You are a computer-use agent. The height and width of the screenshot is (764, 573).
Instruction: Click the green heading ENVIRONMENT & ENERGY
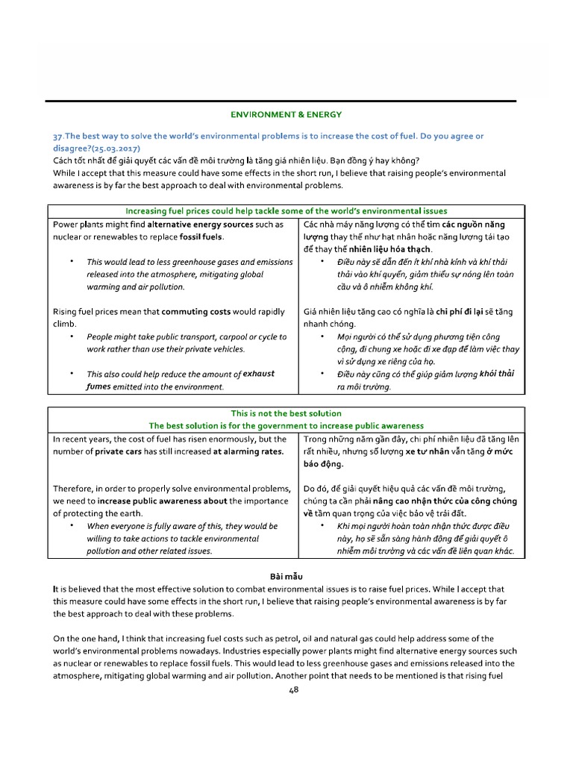coord(286,114)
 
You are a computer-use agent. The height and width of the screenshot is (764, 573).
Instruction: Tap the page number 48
coord(293,690)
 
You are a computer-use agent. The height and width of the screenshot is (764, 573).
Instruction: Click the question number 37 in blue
coord(57,136)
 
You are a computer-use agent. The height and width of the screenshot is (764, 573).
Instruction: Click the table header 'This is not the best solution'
coord(286,413)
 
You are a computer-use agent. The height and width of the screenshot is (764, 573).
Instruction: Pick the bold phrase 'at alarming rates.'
coord(248,451)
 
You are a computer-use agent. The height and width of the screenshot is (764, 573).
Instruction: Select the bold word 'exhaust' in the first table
coord(254,374)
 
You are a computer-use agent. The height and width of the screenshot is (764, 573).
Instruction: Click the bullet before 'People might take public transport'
coord(72,337)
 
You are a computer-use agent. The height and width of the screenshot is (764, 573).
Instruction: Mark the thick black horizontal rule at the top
coord(281,101)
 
